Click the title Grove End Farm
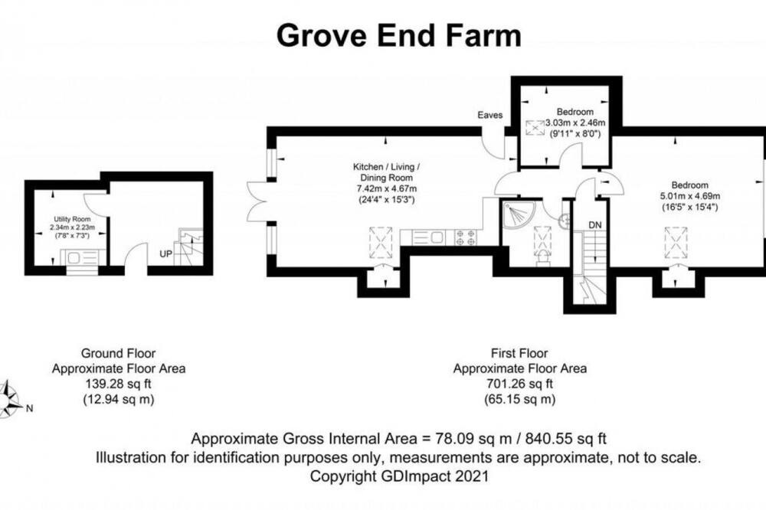coord(398,36)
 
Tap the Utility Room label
coord(72,219)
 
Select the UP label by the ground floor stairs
coord(166,254)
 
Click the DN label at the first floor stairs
coord(595,224)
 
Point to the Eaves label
coord(490,115)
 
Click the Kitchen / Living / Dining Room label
coord(386,172)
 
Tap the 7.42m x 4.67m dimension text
coord(386,188)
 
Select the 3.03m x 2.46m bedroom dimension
coord(575,123)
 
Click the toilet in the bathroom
coord(543,258)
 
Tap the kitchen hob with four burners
coord(466,237)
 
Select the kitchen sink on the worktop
coord(429,237)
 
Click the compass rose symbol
coord(8,400)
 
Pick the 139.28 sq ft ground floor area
coord(118,384)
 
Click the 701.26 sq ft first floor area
coord(520,384)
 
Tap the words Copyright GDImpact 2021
coord(399,476)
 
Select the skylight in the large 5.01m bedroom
coord(676,243)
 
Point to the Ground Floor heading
coord(118,353)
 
